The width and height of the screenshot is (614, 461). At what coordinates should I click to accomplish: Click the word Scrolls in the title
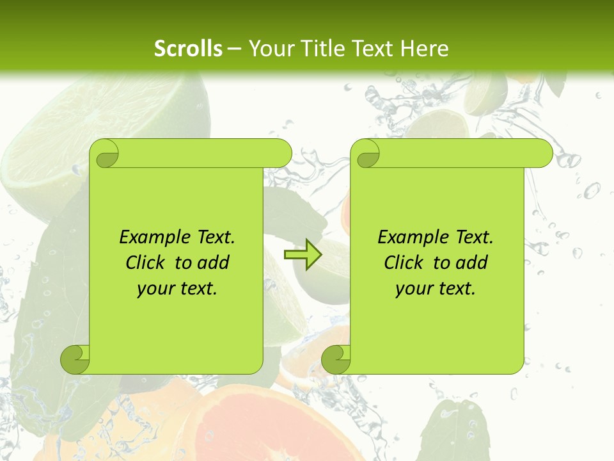coord(189,49)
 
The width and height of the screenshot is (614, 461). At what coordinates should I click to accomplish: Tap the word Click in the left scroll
coord(140,263)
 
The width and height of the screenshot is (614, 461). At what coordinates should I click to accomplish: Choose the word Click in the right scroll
coord(398,263)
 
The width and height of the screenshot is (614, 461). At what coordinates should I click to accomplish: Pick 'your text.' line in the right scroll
coord(436,289)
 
